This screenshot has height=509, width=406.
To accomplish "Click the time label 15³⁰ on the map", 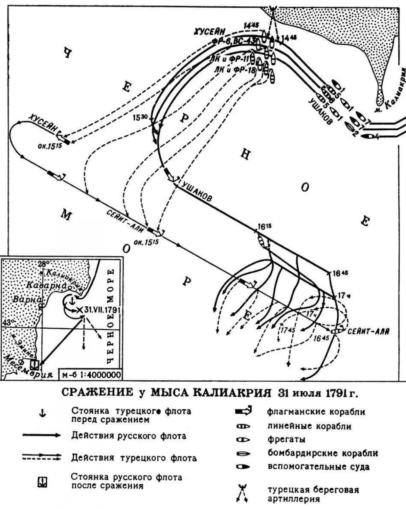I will pos(140,117).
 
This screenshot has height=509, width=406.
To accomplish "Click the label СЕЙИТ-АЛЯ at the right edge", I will pos(368,331).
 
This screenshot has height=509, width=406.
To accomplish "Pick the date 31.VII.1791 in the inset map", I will pos(101,310).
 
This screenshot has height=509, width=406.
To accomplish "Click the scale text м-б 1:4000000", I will pos(91,374).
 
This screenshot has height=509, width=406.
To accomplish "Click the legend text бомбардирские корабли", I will pos(322,453).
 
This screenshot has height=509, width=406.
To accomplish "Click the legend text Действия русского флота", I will pos(129,436).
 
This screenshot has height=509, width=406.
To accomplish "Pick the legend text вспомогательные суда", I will pos(318,467).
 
